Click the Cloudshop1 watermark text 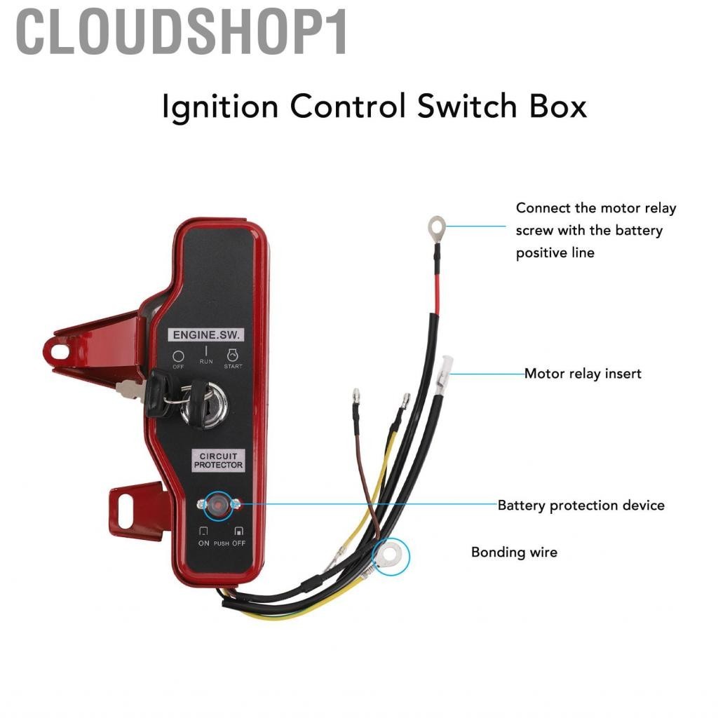pos(182,33)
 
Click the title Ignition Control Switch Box pos(374,108)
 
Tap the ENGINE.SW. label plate pos(205,335)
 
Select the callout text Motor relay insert pos(583,374)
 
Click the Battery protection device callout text pos(581,505)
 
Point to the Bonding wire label pos(514,552)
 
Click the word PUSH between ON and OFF pos(221,543)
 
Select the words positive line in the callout pos(555,252)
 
